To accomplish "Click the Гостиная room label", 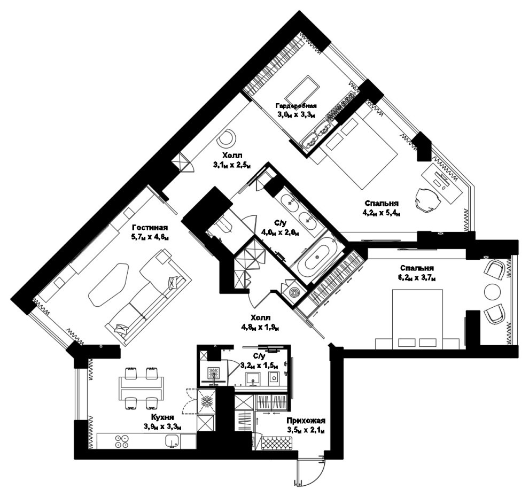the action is [150, 228].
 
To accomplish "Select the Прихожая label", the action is [306, 421].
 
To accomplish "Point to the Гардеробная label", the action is [296, 106].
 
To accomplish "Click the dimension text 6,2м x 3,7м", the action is [417, 278].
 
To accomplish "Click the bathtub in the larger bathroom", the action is [317, 257].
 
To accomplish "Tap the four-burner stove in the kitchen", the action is [122, 441].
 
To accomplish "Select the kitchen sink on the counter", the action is [172, 441].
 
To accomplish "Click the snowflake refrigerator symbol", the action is [206, 401].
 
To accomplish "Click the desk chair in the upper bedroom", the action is [428, 200].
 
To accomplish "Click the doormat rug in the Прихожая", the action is [277, 441].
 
